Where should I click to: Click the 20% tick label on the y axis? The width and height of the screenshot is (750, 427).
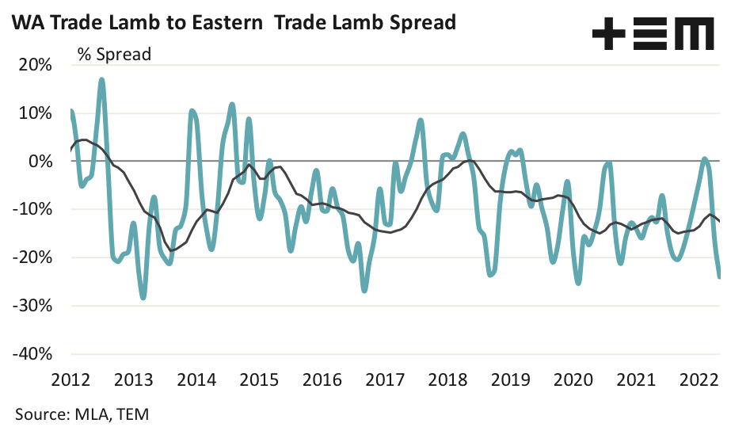click(x=34, y=65)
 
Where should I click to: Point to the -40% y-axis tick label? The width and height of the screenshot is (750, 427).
click(x=30, y=354)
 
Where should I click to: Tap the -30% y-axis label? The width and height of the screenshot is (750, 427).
click(x=30, y=306)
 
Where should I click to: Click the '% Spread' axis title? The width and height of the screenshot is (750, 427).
click(x=114, y=55)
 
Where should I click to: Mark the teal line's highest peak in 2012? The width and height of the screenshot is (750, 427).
click(x=102, y=79)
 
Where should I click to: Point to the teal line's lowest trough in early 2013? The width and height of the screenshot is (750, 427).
click(x=143, y=298)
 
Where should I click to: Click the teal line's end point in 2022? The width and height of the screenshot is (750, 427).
click(x=719, y=276)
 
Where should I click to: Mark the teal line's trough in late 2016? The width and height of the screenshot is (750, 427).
click(x=364, y=290)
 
